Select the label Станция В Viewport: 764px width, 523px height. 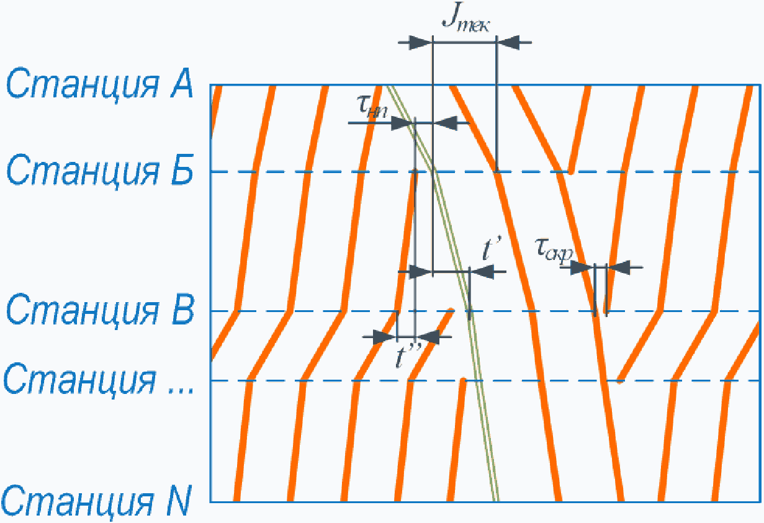tap(100, 311)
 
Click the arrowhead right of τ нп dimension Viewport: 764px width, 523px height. tap(444, 123)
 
